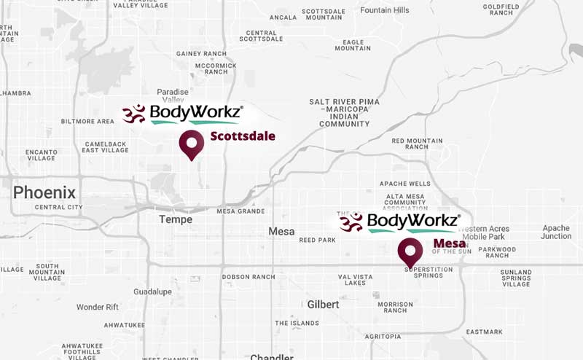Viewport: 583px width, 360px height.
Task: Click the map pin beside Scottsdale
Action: click(x=191, y=144)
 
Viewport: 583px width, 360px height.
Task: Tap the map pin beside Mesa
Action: click(x=410, y=251)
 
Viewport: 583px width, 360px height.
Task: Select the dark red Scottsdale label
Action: click(x=243, y=136)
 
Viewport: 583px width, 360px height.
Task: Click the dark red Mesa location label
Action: click(x=450, y=243)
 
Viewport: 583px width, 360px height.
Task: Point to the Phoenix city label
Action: click(x=44, y=192)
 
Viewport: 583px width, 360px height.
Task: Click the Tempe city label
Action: click(x=176, y=219)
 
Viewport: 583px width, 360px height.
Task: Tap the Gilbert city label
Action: click(x=323, y=304)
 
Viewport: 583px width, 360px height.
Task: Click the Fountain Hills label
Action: click(x=385, y=10)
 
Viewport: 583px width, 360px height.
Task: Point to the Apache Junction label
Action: click(x=557, y=232)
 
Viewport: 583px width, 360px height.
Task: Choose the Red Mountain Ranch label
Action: click(x=418, y=144)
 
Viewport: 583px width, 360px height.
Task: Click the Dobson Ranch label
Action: click(x=249, y=277)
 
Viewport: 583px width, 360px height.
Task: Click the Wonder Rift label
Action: click(x=102, y=307)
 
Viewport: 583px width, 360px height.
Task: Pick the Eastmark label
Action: click(x=484, y=332)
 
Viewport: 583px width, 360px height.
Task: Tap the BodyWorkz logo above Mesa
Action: click(x=399, y=221)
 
